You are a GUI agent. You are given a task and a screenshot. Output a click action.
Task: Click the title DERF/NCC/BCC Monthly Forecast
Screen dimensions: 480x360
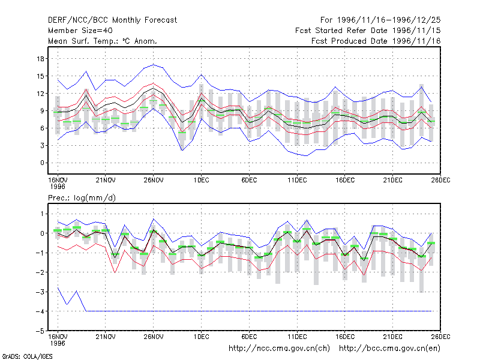[x=112, y=20]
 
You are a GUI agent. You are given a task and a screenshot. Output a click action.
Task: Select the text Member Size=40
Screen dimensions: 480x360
[x=80, y=31]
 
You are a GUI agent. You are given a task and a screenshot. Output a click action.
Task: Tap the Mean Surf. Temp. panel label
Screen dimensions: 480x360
[x=103, y=41]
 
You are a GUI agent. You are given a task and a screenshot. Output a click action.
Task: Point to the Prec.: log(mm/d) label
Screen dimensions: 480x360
[x=82, y=198]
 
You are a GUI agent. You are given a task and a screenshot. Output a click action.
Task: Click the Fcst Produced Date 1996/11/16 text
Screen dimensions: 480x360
[x=376, y=41]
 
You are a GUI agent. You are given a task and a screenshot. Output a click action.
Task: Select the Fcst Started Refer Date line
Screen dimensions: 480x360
[x=368, y=31]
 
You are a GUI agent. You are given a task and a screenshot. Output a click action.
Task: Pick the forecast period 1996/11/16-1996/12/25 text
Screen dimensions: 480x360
[x=380, y=20]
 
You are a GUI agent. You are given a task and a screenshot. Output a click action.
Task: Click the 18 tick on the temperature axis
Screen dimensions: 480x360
[x=41, y=59]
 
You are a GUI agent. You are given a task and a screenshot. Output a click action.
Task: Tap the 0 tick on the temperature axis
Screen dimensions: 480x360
[x=42, y=163]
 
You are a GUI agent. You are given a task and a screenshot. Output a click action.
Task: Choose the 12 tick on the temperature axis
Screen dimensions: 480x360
[x=41, y=94]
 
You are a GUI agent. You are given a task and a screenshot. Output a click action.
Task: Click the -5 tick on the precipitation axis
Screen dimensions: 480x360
[x=40, y=331]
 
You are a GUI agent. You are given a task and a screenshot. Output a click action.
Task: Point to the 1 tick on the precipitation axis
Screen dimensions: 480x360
[x=42, y=214]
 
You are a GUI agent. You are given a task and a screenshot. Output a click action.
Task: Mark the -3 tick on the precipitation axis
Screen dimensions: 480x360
[x=40, y=292]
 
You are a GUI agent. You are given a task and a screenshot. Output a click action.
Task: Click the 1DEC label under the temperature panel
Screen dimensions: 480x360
[x=202, y=181]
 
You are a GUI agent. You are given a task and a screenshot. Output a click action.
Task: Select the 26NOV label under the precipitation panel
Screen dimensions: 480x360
[x=154, y=337]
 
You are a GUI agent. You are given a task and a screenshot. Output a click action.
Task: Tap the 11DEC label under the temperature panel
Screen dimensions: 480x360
[x=297, y=181]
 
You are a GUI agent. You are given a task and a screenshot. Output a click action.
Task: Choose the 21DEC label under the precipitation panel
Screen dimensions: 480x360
[x=393, y=337]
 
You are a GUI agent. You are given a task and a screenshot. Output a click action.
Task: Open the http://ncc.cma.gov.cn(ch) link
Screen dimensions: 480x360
[x=279, y=349]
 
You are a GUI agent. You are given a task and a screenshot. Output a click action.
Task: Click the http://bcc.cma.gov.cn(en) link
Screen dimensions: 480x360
[x=389, y=349]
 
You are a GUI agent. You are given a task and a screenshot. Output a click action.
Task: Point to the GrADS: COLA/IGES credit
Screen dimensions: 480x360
[x=27, y=356]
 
